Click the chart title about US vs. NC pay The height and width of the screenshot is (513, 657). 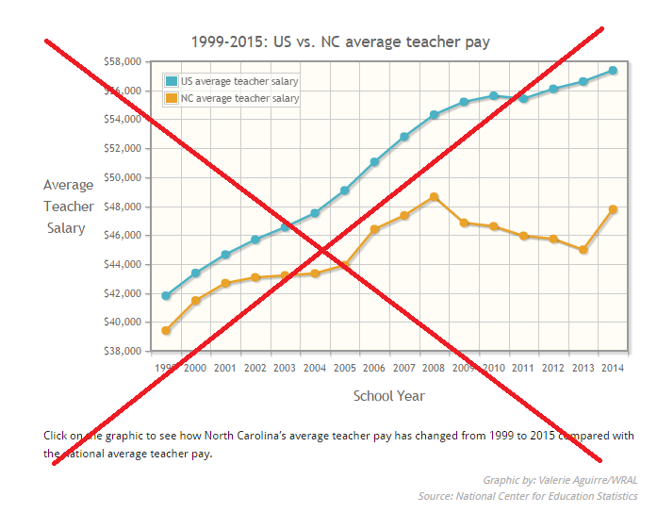pos(339,41)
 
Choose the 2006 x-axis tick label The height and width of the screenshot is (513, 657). pos(374,367)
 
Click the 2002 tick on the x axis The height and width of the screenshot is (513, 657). pos(255,367)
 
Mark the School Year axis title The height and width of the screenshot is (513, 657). pos(388,396)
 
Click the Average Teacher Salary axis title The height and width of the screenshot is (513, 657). pos(69,207)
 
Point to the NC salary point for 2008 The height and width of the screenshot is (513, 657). pos(434,197)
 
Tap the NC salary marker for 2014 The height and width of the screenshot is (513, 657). pos(613,209)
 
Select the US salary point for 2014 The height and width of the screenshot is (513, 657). pos(613,70)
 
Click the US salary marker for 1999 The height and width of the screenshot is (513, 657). pos(166,296)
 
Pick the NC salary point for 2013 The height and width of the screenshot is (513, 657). pos(583,250)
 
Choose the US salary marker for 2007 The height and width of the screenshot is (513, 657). pos(404,137)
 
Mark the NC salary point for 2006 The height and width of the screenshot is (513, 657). pos(374,229)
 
